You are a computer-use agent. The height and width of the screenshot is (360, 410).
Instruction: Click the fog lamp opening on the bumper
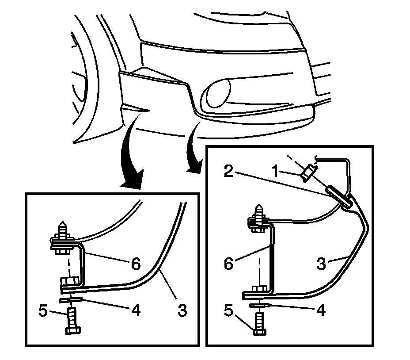[x=214, y=93]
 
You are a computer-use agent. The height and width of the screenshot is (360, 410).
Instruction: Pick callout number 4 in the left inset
[x=135, y=311]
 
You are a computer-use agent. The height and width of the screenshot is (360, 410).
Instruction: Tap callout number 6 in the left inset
[x=135, y=264]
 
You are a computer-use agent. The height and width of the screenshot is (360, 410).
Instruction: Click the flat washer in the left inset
[x=71, y=301]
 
